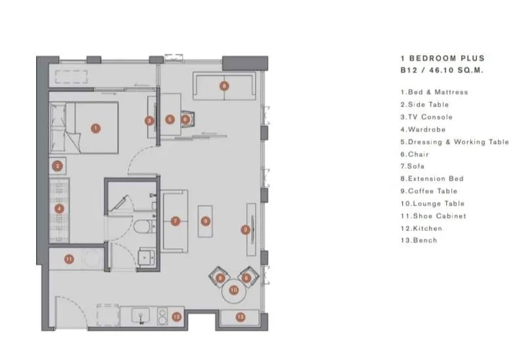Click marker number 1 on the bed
tap(96, 129)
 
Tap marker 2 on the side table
tap(57, 166)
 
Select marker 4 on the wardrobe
tap(60, 209)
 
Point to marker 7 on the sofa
tap(175, 221)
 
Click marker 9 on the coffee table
tap(205, 221)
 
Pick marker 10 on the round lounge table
tap(234, 290)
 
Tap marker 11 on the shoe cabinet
tap(69, 259)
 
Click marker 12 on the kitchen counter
tap(176, 317)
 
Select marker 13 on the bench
tap(240, 317)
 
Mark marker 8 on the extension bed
tap(224, 86)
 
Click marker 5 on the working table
tap(170, 119)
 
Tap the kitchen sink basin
tap(140, 315)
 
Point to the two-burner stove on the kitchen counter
tap(163, 316)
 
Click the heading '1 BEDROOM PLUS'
tap(442, 58)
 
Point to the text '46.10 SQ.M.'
tap(456, 70)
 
